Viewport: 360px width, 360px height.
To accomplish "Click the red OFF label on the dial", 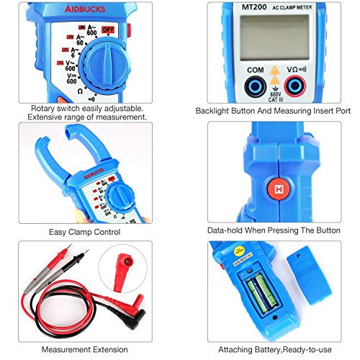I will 109,30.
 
